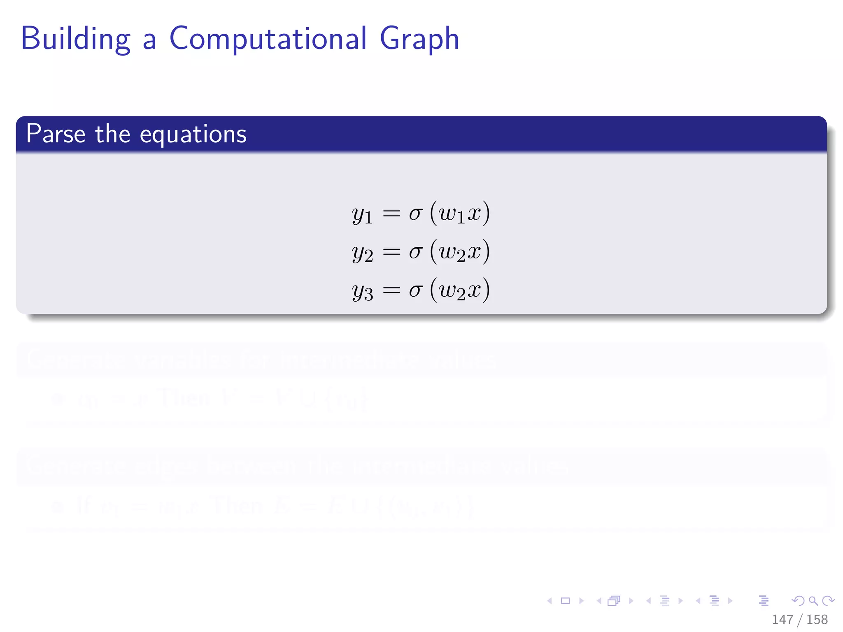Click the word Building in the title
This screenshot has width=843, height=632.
76,39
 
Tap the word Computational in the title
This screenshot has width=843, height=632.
268,39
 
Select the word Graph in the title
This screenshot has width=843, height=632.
419,39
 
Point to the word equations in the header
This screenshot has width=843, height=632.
193,135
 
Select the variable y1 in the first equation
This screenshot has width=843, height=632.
362,215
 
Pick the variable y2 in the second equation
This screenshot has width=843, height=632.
362,253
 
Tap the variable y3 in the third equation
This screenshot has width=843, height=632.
362,291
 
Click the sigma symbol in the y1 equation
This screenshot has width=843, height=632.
416,214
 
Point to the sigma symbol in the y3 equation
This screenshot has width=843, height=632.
416,290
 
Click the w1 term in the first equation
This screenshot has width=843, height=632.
452,214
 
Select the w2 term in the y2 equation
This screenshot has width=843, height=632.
452,252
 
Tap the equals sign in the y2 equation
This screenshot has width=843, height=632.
391,251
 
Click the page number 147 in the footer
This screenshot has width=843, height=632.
782,620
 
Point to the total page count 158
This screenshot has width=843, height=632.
817,620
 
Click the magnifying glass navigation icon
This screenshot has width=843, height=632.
813,601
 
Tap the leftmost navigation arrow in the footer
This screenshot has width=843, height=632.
550,601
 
